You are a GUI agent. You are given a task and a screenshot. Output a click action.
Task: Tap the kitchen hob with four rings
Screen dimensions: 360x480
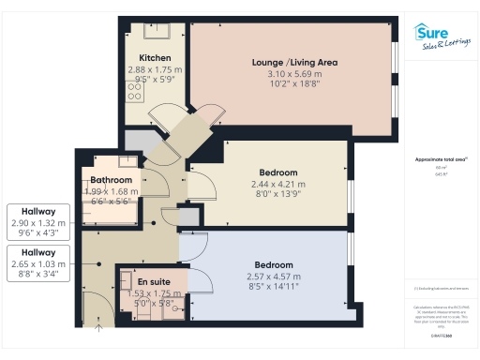(x=133, y=93)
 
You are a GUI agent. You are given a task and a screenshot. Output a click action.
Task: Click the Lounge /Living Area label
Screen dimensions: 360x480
(x=294, y=63)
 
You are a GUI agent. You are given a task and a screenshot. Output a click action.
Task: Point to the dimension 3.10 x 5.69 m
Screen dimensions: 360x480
(x=294, y=74)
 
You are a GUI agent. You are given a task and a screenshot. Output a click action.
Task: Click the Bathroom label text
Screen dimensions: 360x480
(x=112, y=180)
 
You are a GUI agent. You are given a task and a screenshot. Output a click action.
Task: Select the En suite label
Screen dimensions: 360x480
(x=154, y=281)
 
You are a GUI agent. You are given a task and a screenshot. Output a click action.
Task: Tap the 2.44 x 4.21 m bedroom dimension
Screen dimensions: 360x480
(x=278, y=185)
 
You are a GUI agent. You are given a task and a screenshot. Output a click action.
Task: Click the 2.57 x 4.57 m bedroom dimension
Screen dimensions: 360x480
(x=278, y=277)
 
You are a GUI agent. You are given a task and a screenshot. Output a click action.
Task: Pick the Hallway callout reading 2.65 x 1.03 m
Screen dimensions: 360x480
(x=38, y=262)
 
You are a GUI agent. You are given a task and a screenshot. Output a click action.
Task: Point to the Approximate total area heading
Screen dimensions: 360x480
(x=441, y=159)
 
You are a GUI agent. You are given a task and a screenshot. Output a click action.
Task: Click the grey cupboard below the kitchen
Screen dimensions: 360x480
(x=139, y=141)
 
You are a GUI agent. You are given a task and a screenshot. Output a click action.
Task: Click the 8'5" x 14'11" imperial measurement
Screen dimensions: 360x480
(x=278, y=288)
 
